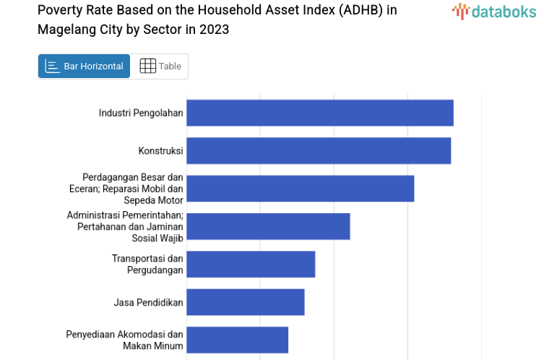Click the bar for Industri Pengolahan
pyautogui.click(x=320, y=113)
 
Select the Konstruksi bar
pyautogui.click(x=319, y=150)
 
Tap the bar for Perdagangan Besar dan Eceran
pyautogui.click(x=301, y=188)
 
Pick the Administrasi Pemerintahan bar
pyautogui.click(x=268, y=226)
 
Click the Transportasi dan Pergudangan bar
pyautogui.click(x=251, y=264)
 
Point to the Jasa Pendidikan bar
pyautogui.click(x=246, y=301)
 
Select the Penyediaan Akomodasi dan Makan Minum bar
pyautogui.click(x=238, y=340)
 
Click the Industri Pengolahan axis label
pyautogui.click(x=141, y=113)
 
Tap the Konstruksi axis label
pyautogui.click(x=160, y=150)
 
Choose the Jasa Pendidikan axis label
pyautogui.click(x=148, y=301)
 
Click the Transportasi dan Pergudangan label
pyautogui.click(x=147, y=264)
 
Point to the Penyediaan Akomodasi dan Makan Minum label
pyautogui.click(x=125, y=340)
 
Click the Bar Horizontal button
pyautogui.click(x=84, y=66)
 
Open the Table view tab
pyautogui.click(x=160, y=66)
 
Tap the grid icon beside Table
pyautogui.click(x=147, y=66)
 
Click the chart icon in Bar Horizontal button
pyautogui.click(x=53, y=66)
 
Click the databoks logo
pyautogui.click(x=494, y=11)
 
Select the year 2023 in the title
pyautogui.click(x=215, y=30)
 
